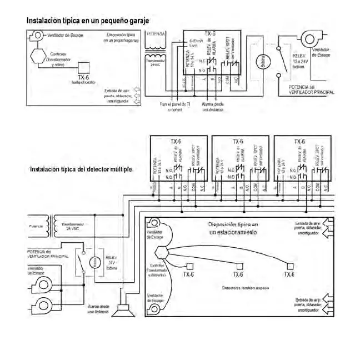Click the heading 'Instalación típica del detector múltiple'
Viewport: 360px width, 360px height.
[x=81, y=168]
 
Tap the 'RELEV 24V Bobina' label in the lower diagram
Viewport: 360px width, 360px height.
[x=111, y=262]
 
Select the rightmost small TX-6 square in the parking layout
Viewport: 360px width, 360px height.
[x=289, y=265]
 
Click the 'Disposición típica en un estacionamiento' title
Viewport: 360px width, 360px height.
[x=233, y=228]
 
